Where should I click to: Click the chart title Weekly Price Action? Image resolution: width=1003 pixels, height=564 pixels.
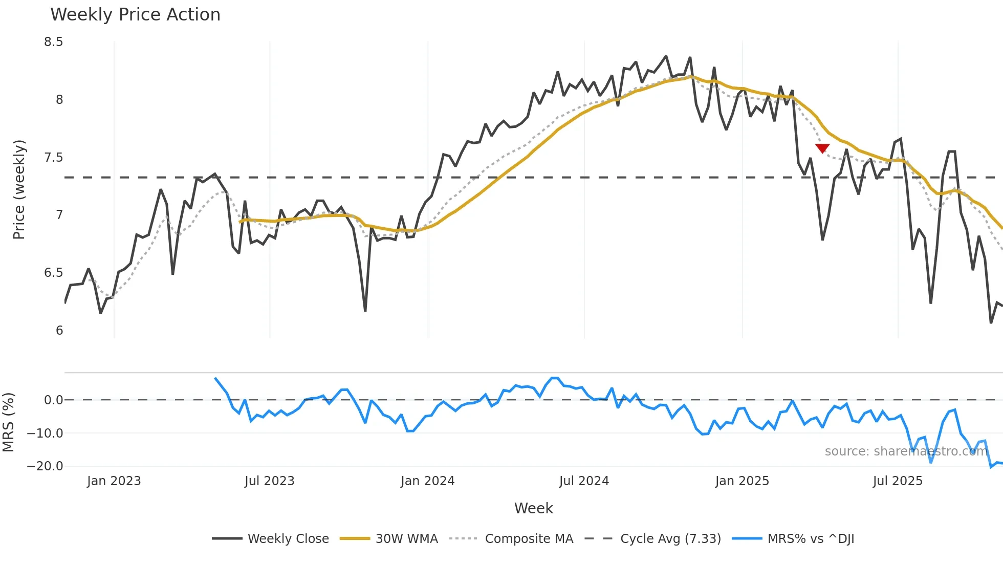tap(135, 15)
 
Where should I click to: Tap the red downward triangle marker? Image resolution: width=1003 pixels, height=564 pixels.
tap(822, 148)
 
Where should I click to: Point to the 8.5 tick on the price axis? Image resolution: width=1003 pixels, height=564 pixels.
tap(54, 42)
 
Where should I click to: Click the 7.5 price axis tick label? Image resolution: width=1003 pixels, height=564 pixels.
tap(54, 158)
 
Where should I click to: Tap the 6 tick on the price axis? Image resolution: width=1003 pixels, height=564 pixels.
tap(59, 331)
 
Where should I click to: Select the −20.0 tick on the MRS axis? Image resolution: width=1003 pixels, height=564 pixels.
tap(45, 466)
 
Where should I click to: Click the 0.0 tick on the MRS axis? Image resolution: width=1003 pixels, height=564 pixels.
tap(53, 400)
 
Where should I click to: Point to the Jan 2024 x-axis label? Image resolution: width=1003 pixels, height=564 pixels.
tap(427, 481)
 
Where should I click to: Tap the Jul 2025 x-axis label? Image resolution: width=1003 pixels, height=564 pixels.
tap(898, 481)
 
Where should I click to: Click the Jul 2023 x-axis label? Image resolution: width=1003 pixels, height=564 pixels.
tap(269, 481)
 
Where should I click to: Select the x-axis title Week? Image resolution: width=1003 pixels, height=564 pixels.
tap(533, 508)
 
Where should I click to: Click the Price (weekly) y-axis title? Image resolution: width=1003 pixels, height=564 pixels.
tap(19, 189)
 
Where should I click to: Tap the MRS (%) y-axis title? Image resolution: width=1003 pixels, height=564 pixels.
tap(8, 422)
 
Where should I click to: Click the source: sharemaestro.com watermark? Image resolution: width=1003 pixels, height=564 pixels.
tap(906, 451)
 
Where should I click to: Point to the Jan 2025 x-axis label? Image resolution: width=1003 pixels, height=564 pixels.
tap(742, 481)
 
